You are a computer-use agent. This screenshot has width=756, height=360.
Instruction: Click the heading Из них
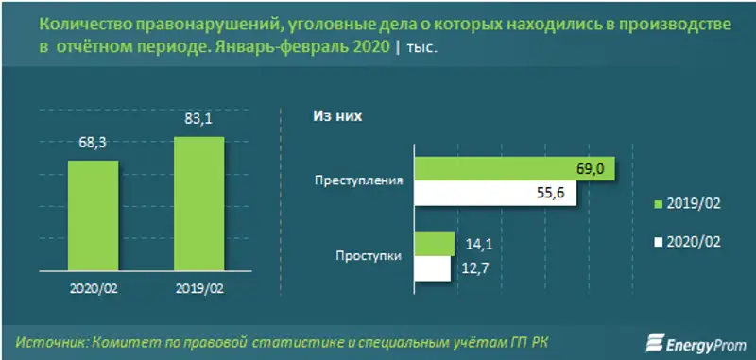(337, 116)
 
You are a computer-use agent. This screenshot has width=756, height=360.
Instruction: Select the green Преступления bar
(515, 168)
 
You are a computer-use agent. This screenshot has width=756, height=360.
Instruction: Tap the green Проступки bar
(434, 244)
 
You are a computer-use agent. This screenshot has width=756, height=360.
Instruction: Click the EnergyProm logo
(695, 340)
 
